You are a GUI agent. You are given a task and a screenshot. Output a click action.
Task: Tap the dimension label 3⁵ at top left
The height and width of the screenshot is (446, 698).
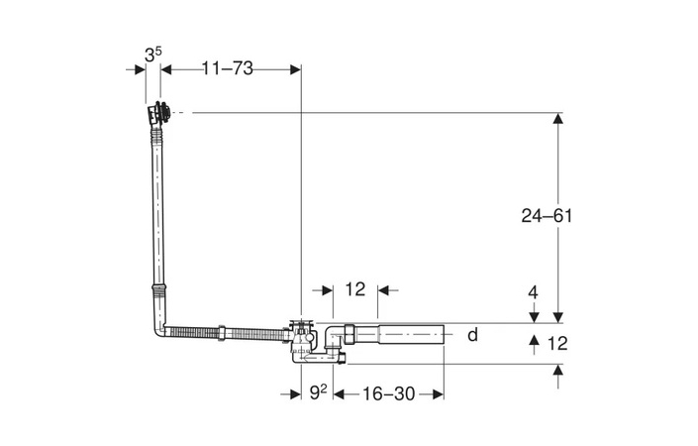(x=151, y=56)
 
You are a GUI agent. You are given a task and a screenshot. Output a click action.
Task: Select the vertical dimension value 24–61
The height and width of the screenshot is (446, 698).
(x=548, y=215)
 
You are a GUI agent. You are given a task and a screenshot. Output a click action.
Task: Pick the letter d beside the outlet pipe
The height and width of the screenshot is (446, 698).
(x=472, y=334)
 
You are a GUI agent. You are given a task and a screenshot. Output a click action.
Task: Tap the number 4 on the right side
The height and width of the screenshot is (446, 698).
(x=534, y=292)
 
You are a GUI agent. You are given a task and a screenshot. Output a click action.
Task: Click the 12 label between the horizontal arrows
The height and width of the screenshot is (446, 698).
(x=355, y=289)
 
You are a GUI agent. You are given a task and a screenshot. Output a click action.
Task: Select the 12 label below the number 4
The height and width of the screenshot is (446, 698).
(x=557, y=344)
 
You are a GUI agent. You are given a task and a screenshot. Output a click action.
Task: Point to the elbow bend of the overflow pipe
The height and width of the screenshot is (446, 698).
(x=158, y=326)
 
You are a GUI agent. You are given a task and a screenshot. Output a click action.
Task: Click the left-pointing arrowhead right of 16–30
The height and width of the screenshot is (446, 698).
(x=436, y=393)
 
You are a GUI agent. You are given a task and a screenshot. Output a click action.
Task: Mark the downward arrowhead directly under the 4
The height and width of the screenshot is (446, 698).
(x=534, y=316)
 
